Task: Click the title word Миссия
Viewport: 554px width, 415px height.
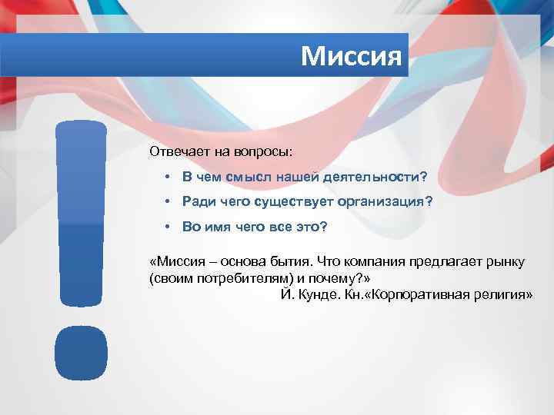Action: [352, 55]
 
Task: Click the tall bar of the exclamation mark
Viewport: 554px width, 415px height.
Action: [81, 215]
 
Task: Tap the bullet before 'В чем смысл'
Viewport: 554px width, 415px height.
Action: [167, 177]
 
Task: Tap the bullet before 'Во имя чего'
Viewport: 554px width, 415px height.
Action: [167, 227]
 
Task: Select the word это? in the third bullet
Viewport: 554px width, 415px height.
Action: [311, 227]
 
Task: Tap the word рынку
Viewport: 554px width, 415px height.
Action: [507, 261]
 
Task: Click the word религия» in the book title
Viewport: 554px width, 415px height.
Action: [503, 295]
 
